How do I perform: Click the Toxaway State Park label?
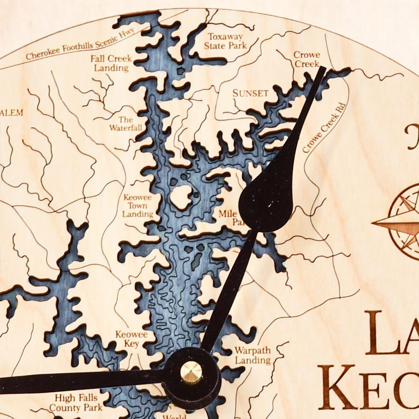pos(225,41)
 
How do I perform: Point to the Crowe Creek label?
pos(306,59)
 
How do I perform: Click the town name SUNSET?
pos(251,93)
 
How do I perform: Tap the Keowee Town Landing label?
pos(137,205)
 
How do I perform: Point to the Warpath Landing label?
pos(253,355)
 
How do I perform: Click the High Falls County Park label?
pos(75,402)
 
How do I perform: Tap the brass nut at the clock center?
pos(191,372)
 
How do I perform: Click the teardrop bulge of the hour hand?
pos(266,201)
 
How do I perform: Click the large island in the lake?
pos(181,196)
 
